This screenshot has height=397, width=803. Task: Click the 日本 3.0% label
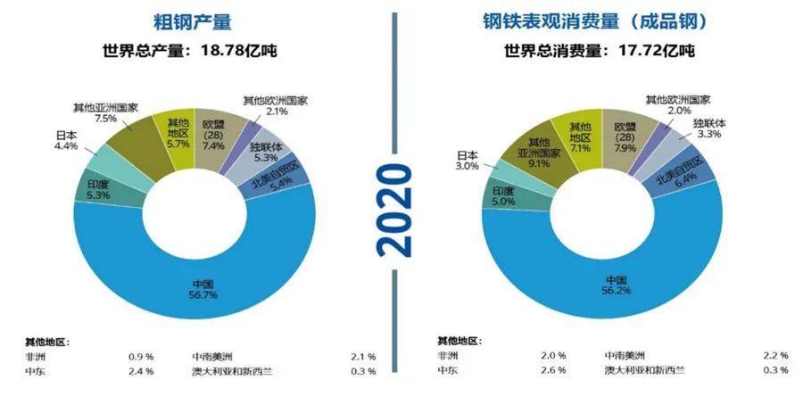coord(468,160)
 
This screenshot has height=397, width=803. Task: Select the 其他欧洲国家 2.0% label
coord(677,105)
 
